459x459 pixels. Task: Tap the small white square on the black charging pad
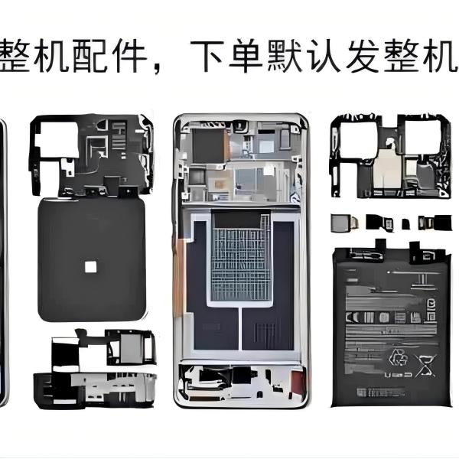[x=90, y=266]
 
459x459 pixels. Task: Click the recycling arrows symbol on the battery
[x=399, y=356]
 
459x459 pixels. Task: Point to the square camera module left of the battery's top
[x=340, y=223]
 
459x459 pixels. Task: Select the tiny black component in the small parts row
[x=405, y=223]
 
